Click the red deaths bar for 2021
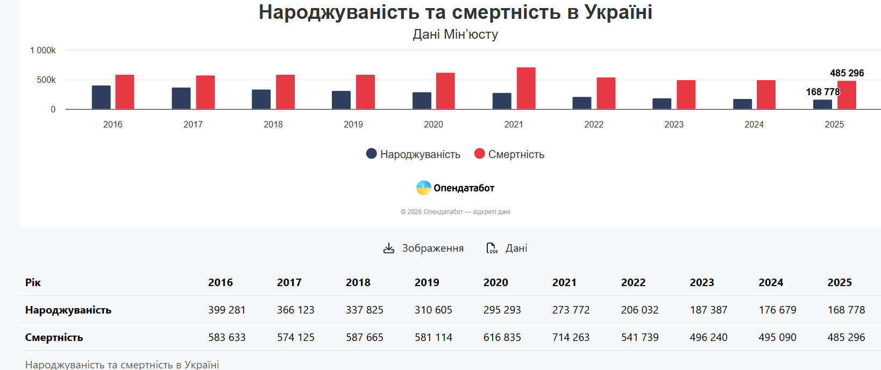(526, 88)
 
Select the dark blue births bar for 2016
(101, 97)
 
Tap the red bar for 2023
(686, 95)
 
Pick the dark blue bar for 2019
(341, 100)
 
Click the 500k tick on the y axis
(46, 80)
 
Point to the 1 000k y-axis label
(43, 51)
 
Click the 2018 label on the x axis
(273, 125)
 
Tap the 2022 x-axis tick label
(594, 125)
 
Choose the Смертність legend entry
(509, 154)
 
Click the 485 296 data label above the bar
(847, 73)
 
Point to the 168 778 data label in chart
(822, 92)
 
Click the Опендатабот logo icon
(424, 188)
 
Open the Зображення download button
(423, 248)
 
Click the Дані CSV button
(507, 248)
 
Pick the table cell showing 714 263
(571, 337)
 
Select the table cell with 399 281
(226, 310)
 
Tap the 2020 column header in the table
(495, 282)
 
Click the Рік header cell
(33, 282)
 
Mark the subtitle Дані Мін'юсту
(455, 34)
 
